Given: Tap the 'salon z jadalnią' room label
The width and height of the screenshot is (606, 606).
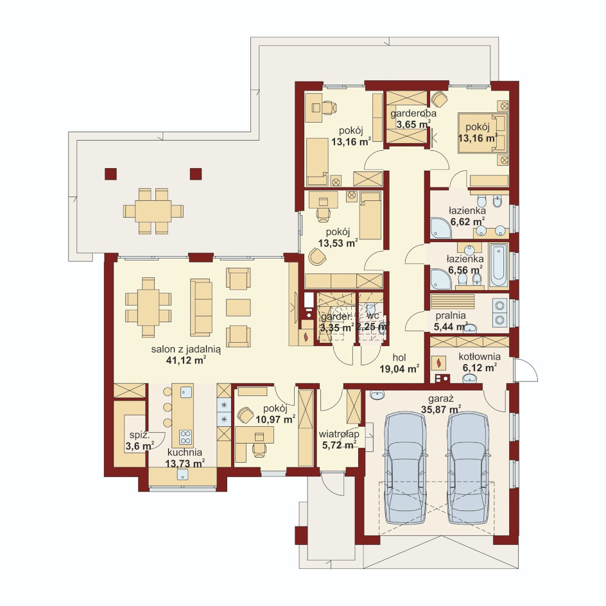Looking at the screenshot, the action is pos(186,350).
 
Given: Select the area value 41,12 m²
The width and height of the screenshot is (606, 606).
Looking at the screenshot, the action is pos(186,361).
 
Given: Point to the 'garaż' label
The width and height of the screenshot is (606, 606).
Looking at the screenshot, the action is pos(440,399).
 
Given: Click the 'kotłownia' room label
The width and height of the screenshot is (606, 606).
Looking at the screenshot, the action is pos(480,357).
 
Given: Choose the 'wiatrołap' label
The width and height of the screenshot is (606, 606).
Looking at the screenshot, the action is pos(339,435).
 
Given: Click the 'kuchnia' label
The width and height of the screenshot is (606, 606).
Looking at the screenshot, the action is pos(185,452).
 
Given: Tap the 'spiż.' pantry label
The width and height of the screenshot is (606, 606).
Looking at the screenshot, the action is pos(139,435).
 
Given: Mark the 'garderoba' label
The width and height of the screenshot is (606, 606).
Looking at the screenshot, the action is pos(413,114).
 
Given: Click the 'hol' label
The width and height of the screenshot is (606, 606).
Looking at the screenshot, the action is pos(399,358).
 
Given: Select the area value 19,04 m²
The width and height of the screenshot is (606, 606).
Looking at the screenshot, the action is pos(399,368).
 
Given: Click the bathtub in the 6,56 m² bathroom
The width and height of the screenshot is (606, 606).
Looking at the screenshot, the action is pos(498,264).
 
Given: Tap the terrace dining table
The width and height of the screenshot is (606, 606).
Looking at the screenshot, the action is pos(153,211).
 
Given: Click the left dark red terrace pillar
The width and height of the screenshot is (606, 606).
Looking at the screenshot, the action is pos(110,174).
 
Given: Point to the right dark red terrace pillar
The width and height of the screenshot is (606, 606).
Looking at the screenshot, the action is pos(196,174).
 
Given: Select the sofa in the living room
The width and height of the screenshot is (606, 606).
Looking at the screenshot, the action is pos(201,307).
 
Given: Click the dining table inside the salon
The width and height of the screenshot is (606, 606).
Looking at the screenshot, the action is pos(148,307).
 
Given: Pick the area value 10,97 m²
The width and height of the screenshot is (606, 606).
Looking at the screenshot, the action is pos(275,419).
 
